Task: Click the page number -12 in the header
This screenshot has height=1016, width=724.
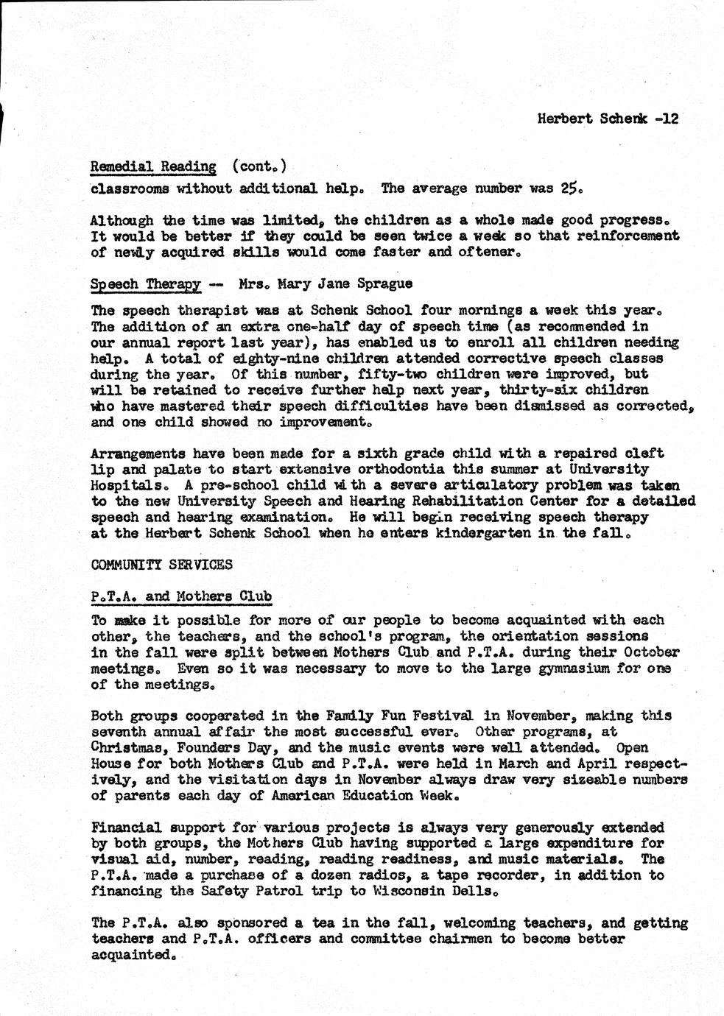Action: [x=665, y=118]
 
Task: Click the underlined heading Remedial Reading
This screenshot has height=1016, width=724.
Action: [x=153, y=167]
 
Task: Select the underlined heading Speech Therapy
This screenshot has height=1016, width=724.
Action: [x=146, y=283]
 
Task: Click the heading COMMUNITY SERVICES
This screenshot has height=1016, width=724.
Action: [x=162, y=565]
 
